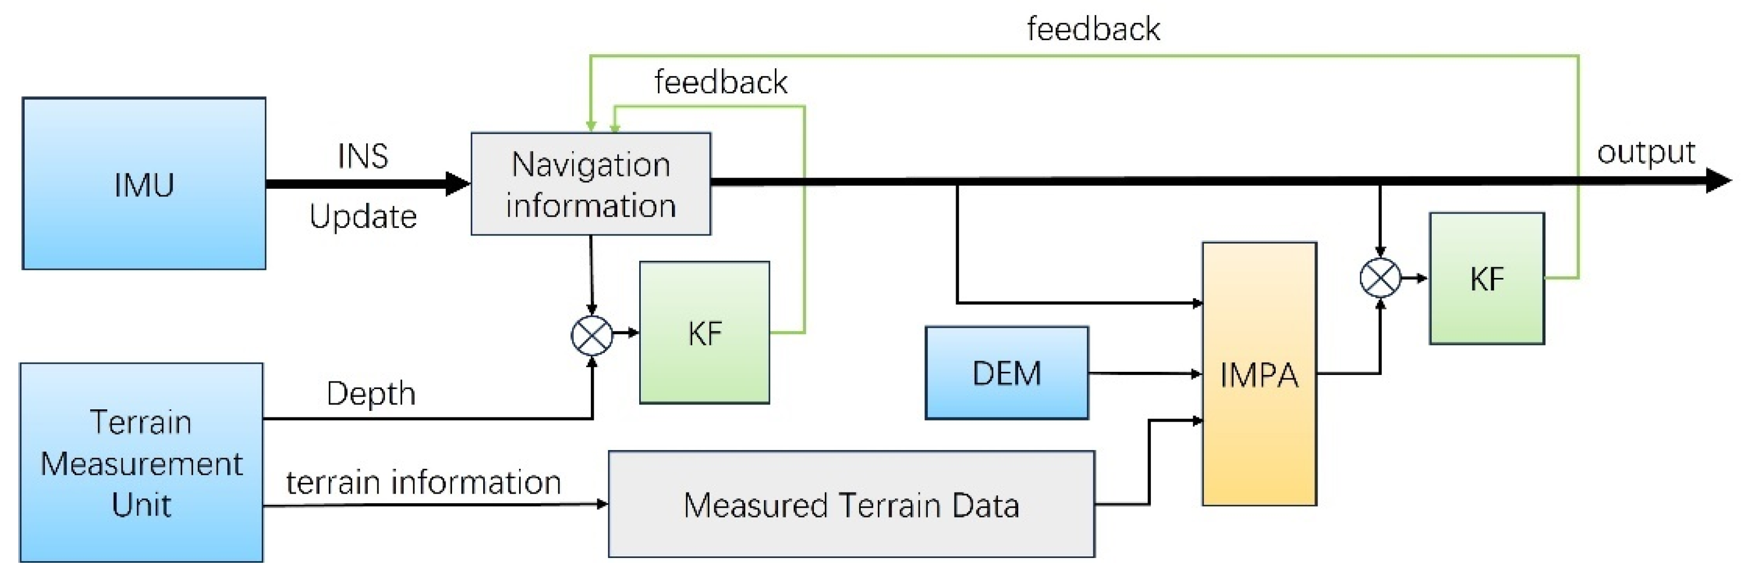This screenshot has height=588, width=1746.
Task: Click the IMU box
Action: tap(144, 183)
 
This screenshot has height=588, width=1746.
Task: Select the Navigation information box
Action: tap(590, 184)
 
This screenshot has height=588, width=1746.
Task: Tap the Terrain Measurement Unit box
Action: tap(141, 462)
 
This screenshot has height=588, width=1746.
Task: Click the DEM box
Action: tap(1007, 373)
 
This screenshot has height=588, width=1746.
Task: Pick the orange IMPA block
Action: tap(1259, 374)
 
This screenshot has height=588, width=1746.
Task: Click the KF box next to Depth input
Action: tap(704, 332)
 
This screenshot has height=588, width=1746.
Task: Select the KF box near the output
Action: tap(1486, 278)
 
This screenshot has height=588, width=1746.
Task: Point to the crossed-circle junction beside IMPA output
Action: tap(1380, 277)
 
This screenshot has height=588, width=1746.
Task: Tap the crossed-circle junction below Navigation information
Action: tap(591, 335)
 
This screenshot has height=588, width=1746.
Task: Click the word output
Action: tap(1645, 152)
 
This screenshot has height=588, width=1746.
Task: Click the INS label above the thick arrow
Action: tap(362, 156)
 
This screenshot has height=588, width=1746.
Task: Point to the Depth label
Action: tap(371, 393)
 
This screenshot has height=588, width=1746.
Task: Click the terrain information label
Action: tap(423, 482)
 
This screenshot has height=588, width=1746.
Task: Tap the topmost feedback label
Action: tap(1093, 29)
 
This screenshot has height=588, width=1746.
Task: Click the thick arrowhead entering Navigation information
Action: tap(457, 183)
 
